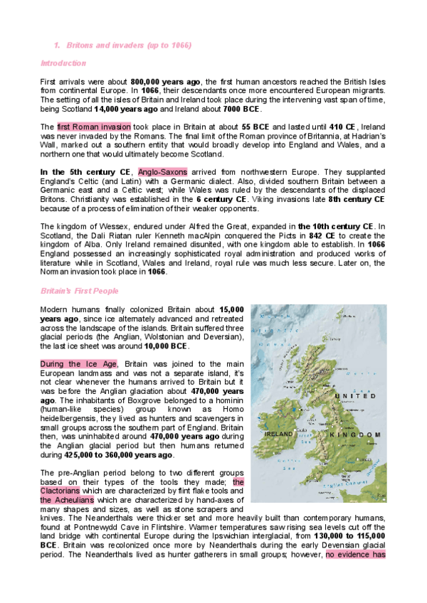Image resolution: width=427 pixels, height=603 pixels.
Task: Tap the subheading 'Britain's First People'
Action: point(80,291)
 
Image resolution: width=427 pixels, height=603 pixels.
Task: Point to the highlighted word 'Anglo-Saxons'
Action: point(163,172)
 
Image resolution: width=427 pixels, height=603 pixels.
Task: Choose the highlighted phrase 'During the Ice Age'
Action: point(78,364)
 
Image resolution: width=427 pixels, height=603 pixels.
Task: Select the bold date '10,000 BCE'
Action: point(166,346)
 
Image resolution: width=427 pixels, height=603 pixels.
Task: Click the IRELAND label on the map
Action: point(279,433)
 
